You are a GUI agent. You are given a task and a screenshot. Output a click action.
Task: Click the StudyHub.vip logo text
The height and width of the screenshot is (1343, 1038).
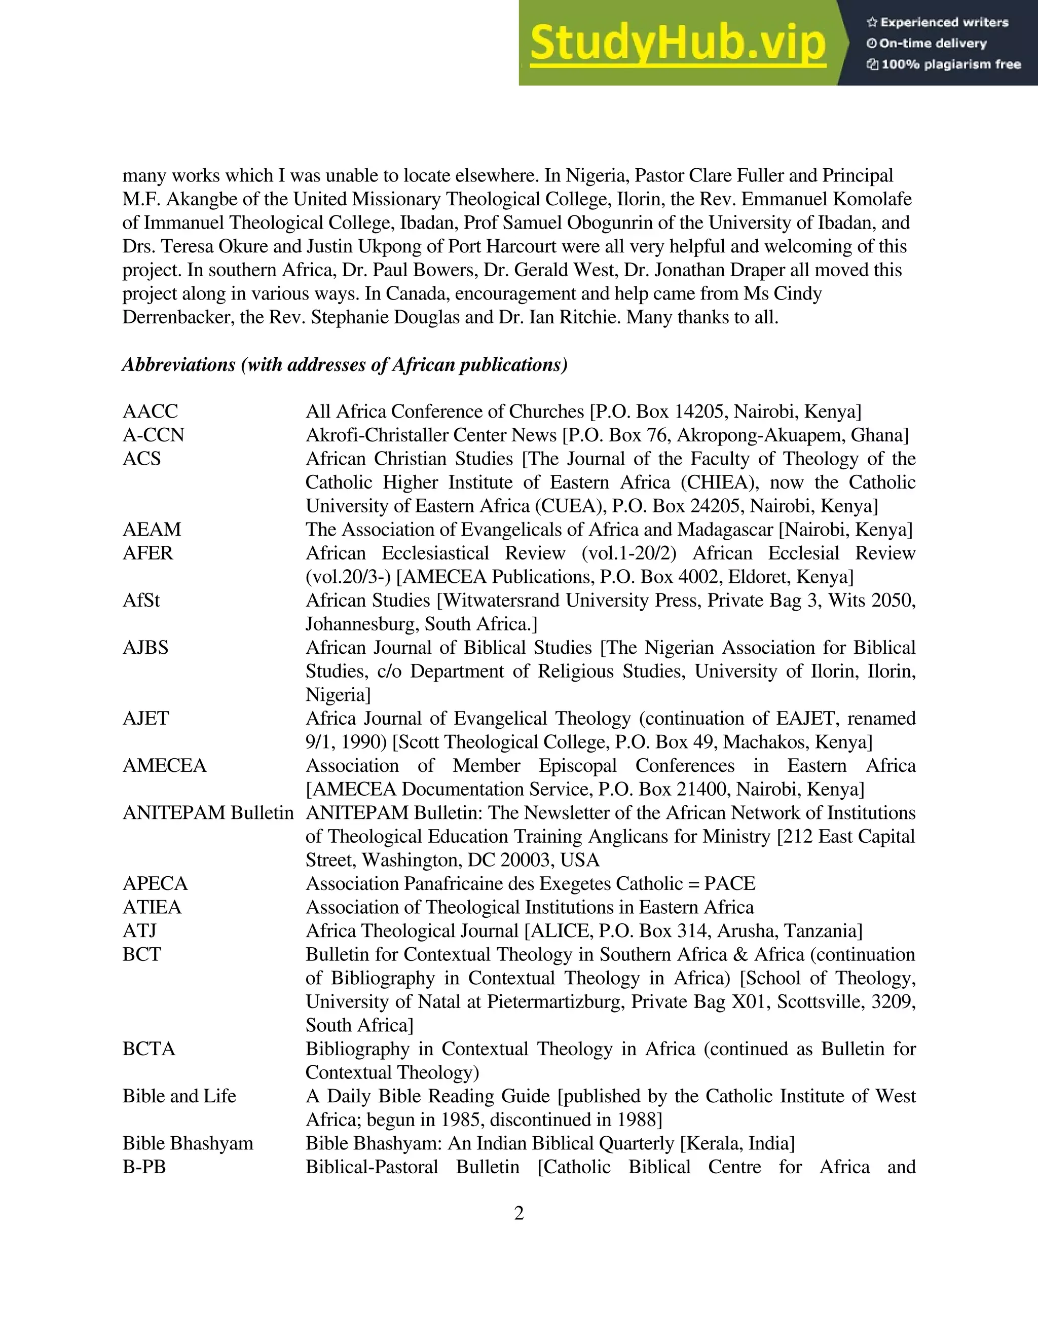[678, 43]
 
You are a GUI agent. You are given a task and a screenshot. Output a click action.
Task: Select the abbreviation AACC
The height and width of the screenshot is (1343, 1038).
[150, 412]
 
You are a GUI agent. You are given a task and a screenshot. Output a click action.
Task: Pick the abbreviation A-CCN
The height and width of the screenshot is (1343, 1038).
[153, 435]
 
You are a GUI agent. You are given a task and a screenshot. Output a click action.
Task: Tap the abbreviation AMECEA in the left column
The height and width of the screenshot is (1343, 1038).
[164, 766]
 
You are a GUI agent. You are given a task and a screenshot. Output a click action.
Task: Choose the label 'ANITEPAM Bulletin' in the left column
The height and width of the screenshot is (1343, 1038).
[208, 813]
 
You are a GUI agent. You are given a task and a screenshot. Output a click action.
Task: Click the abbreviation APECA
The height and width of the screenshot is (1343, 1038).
[155, 884]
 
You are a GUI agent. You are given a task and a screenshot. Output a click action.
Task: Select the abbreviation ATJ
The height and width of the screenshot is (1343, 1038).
[139, 931]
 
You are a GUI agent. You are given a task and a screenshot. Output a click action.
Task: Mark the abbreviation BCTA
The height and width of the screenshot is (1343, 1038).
[149, 1049]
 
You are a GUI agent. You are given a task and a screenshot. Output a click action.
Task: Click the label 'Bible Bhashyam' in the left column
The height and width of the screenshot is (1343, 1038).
[188, 1143]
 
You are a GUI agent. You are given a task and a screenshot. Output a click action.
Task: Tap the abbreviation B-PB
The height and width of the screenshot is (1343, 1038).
[144, 1167]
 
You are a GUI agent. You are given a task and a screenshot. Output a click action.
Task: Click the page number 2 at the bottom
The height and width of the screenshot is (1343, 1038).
[518, 1213]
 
